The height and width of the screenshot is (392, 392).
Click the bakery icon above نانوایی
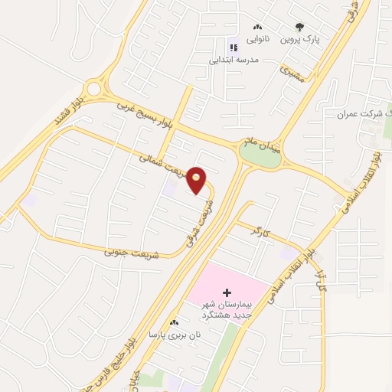tap(257, 27)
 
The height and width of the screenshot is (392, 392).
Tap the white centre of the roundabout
tap(94, 89)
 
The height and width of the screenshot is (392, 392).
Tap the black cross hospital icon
tap(226, 292)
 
